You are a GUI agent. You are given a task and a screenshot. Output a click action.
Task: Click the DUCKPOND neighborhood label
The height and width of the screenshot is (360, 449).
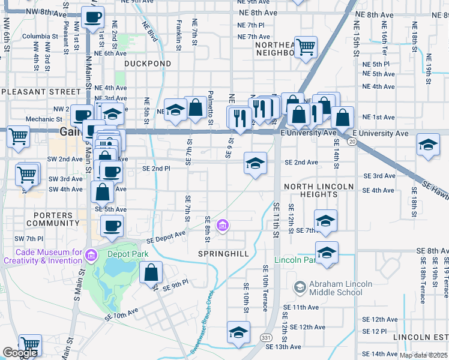[x=148, y=63]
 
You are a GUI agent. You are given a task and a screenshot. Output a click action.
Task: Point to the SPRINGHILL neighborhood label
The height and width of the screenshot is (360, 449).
[x=224, y=254]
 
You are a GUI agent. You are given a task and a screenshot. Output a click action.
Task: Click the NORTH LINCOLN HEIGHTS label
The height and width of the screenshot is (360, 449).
[x=319, y=190]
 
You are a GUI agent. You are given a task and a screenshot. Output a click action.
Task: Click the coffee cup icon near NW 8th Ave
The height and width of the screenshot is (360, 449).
[x=92, y=18]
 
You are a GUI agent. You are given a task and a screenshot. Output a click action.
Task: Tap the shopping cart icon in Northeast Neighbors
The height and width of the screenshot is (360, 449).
[x=306, y=47]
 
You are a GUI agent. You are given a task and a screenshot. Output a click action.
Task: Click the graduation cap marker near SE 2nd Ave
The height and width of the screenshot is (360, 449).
[x=255, y=163]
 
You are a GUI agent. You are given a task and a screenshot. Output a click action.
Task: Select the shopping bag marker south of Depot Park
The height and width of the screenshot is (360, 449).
[x=151, y=273]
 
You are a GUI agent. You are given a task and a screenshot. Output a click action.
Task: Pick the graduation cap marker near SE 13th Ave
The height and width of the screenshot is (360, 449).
[x=238, y=332]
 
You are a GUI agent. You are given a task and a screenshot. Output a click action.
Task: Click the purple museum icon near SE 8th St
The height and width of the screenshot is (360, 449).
[x=223, y=226]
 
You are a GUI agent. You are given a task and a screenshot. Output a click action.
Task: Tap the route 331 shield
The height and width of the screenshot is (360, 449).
[x=266, y=338]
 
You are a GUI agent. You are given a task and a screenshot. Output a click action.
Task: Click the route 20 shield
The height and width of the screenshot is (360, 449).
[x=352, y=141]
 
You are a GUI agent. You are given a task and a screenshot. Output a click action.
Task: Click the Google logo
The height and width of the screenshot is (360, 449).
[x=20, y=353]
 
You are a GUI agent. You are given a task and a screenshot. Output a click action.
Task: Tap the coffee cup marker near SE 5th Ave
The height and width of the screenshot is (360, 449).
[x=112, y=226]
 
